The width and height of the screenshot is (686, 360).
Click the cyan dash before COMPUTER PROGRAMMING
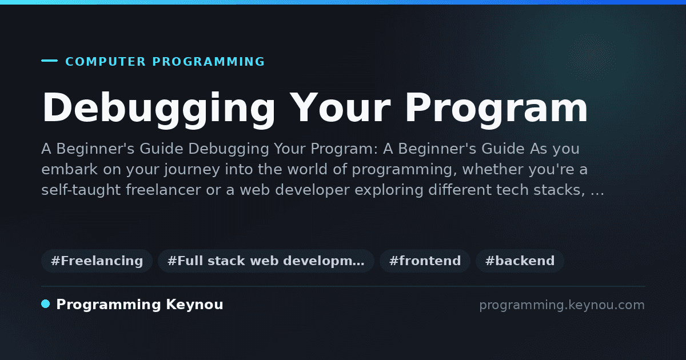point(49,61)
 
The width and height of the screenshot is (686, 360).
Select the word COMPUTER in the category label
point(106,62)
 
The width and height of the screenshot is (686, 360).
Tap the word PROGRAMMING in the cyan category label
point(209,62)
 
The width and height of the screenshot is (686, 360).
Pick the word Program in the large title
point(496,109)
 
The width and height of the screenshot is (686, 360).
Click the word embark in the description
point(70,169)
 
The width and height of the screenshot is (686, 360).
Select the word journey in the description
point(192,170)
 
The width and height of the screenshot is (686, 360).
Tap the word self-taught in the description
point(81,190)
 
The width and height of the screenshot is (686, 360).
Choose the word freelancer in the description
point(163,190)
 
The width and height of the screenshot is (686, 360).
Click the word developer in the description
point(312,190)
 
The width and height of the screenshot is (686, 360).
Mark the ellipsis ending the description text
point(597,194)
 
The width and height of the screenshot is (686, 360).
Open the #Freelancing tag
point(97,261)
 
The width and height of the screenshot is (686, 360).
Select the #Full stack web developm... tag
point(266,261)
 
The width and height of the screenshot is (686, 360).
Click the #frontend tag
point(425,261)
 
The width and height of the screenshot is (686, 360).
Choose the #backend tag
point(520,261)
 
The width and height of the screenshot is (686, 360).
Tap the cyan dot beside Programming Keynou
point(46,304)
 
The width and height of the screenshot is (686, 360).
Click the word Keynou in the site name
point(194,305)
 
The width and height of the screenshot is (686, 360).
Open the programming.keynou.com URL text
point(562,305)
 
